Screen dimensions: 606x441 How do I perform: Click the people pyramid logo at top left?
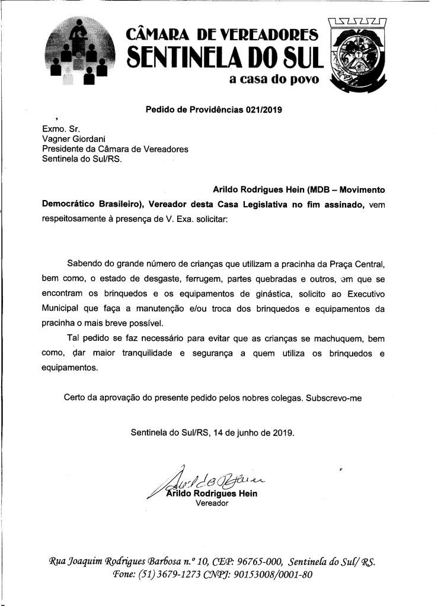[x=79, y=52]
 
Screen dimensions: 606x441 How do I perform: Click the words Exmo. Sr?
[x=57, y=128]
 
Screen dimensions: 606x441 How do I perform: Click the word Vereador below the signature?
[x=212, y=504]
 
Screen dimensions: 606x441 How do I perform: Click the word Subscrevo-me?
[x=334, y=398]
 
